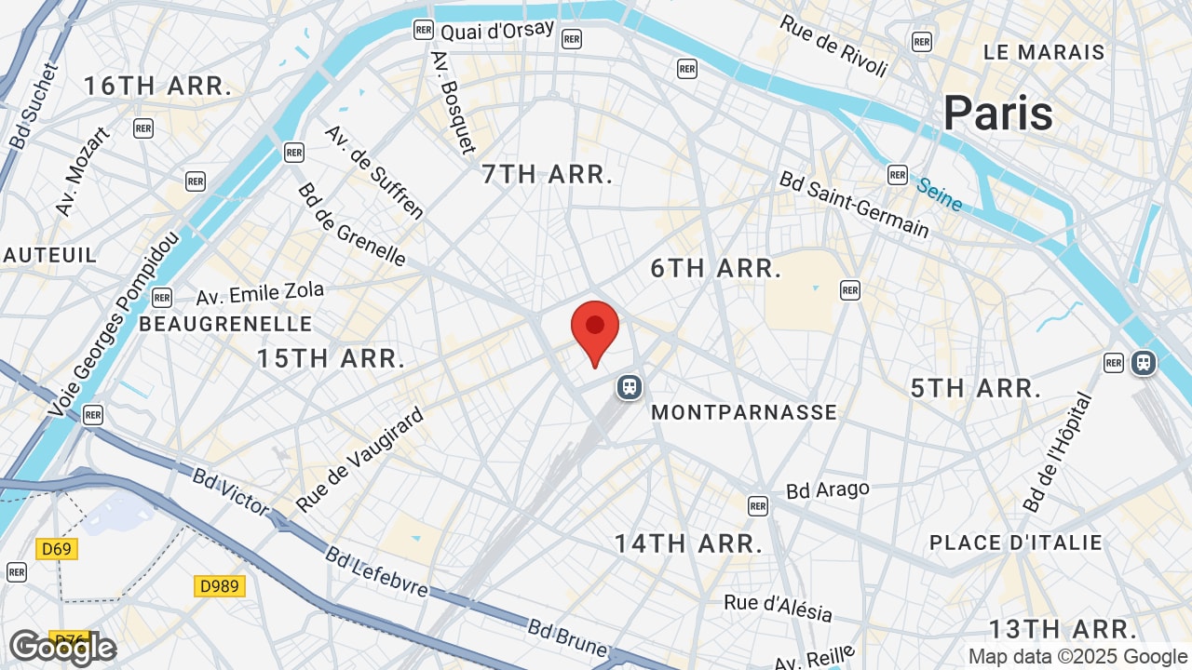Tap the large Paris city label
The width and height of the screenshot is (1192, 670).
click(x=997, y=114)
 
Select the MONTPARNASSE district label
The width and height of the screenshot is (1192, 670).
click(x=744, y=412)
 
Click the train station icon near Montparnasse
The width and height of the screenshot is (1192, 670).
click(x=630, y=386)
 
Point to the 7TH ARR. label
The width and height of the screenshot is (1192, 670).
click(x=548, y=174)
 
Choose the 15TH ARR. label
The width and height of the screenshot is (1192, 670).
click(x=331, y=358)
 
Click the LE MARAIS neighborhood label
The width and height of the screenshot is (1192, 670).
click(x=1044, y=52)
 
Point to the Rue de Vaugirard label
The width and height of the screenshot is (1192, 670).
click(x=359, y=460)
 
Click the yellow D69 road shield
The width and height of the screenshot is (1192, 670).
click(x=57, y=548)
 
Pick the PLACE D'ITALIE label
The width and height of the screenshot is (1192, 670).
click(x=1015, y=543)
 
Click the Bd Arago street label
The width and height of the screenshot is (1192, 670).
click(x=827, y=489)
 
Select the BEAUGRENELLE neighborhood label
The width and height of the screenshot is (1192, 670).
click(x=225, y=324)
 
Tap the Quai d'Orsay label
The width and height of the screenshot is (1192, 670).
click(x=497, y=31)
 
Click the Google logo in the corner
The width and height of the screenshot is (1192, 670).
click(x=61, y=648)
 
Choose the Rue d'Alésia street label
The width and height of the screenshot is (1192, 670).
click(x=778, y=608)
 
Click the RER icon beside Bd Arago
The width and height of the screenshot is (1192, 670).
click(x=758, y=505)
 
